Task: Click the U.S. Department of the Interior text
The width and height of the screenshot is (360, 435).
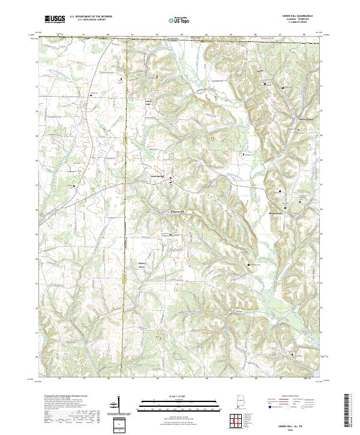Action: (x=91, y=16)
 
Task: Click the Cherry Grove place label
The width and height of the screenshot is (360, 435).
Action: (x=143, y=265)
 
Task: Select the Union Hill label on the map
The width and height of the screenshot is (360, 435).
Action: (x=150, y=103)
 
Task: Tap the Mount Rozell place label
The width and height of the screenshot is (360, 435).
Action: (x=275, y=212)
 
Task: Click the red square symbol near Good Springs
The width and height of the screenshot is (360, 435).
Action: (x=170, y=178)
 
